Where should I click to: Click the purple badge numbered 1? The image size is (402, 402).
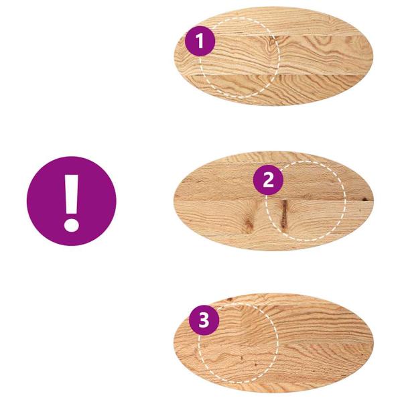[200, 42]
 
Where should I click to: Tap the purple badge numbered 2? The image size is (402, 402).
[268, 180]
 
